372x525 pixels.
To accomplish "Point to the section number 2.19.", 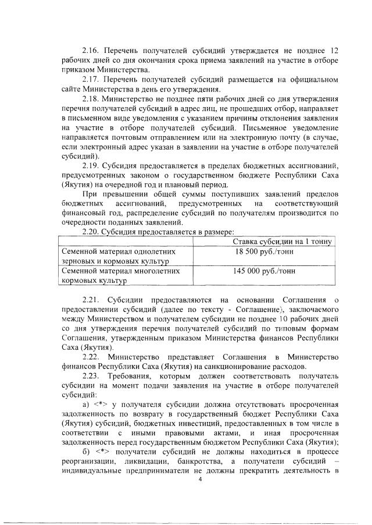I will pos(92,165).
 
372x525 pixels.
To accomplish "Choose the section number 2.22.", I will pos(93,356).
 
